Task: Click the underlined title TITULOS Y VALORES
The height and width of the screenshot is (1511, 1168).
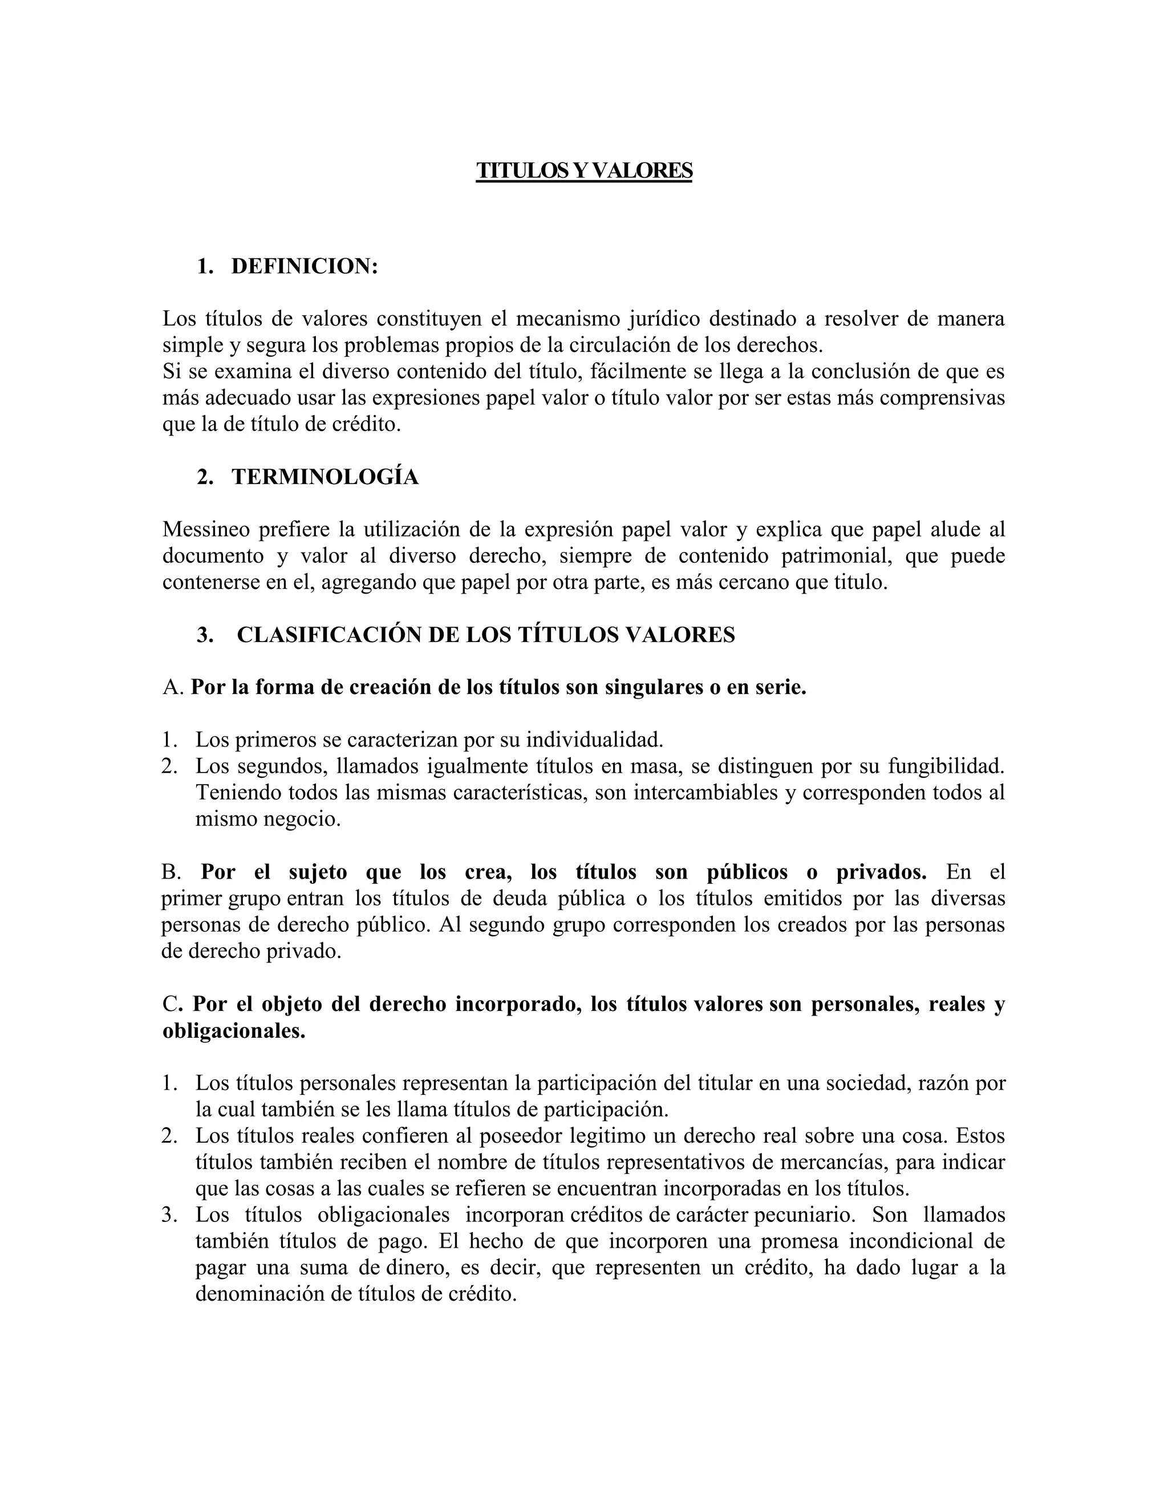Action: pyautogui.click(x=584, y=171)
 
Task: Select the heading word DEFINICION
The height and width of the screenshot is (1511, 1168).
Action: pyautogui.click(x=304, y=266)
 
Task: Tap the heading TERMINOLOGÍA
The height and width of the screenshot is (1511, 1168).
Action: pyautogui.click(x=325, y=477)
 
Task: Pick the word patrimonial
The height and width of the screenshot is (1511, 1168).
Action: pyautogui.click(x=837, y=557)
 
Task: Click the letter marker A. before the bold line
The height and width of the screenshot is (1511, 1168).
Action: pyautogui.click(x=173, y=688)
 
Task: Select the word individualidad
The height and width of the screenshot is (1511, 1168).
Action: pyautogui.click(x=594, y=740)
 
